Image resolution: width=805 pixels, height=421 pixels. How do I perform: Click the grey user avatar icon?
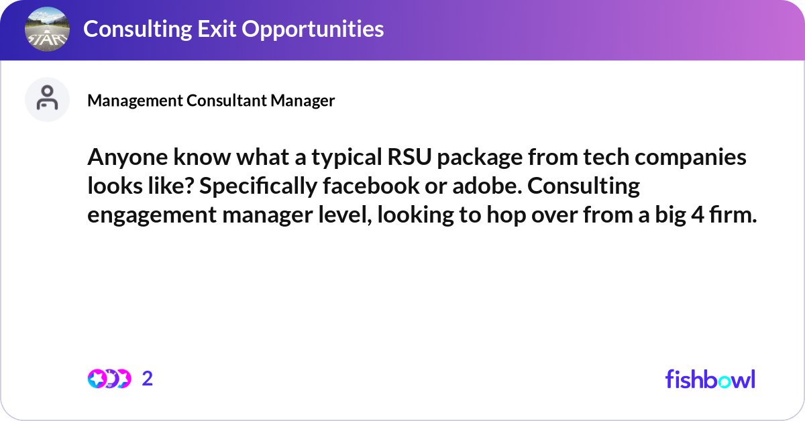pos(47,99)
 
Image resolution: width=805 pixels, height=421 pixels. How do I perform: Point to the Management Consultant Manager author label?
pos(211,101)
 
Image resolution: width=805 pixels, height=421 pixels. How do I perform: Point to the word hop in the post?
pos(483,214)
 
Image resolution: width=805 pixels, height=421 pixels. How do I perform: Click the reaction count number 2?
pos(148,379)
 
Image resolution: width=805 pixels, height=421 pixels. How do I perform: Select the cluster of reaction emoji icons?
pos(109,379)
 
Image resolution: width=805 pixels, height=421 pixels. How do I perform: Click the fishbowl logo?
pos(710,379)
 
